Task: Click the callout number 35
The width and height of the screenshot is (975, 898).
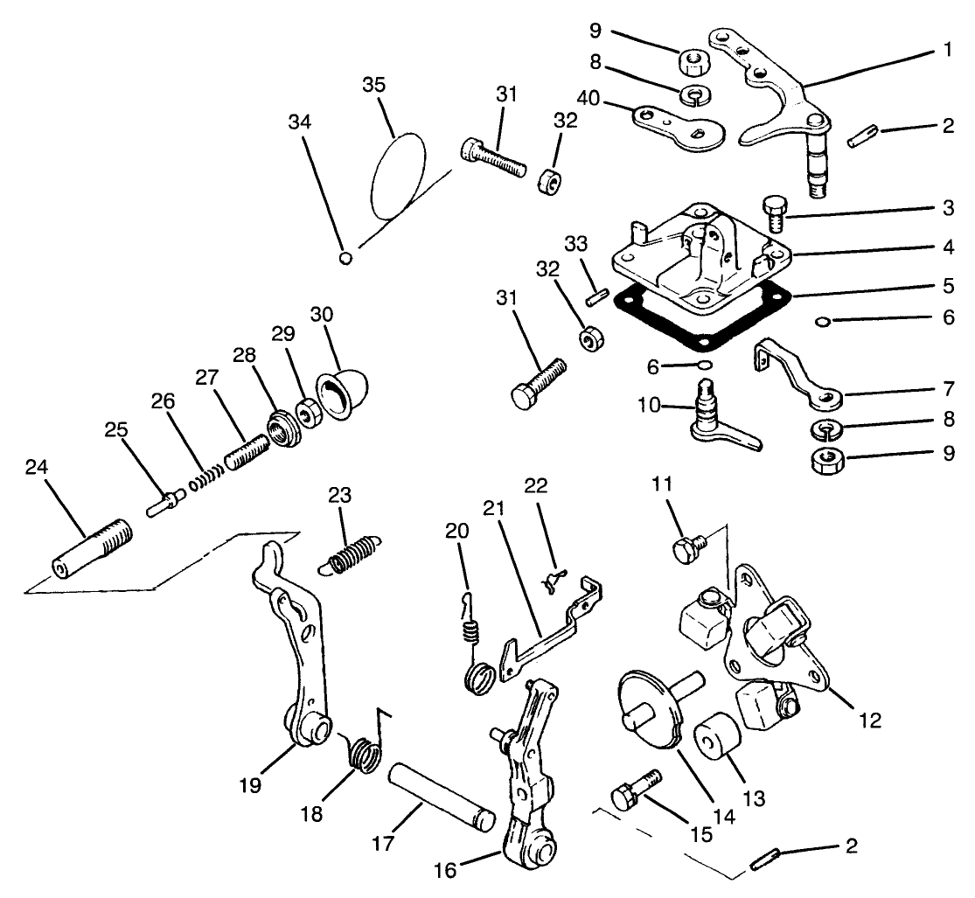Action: click(x=373, y=85)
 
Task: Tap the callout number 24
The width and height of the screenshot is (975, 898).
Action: click(x=36, y=466)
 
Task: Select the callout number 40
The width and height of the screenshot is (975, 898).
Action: click(x=588, y=98)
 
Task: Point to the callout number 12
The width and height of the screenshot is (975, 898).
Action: click(x=870, y=720)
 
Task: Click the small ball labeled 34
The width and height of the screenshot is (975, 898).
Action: click(x=346, y=257)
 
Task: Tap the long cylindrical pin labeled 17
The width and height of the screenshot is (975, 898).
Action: click(x=442, y=797)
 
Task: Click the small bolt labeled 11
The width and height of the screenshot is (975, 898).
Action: click(x=690, y=546)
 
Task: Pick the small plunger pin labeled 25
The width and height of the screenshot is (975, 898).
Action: click(x=166, y=502)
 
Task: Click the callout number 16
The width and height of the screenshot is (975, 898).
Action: click(x=445, y=871)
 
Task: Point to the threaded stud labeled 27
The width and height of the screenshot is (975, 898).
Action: click(x=247, y=451)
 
